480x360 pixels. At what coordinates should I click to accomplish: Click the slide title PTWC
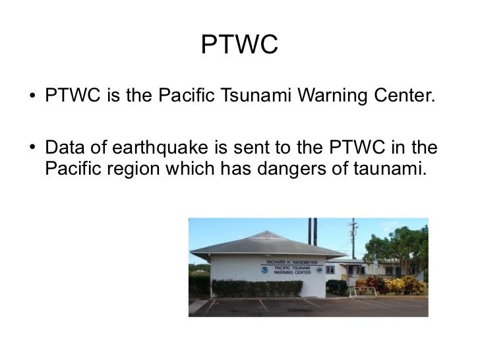pos(240,45)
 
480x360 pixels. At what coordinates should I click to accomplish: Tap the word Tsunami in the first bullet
pos(253,98)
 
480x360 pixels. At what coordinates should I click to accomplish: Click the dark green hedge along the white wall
pos(257,287)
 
